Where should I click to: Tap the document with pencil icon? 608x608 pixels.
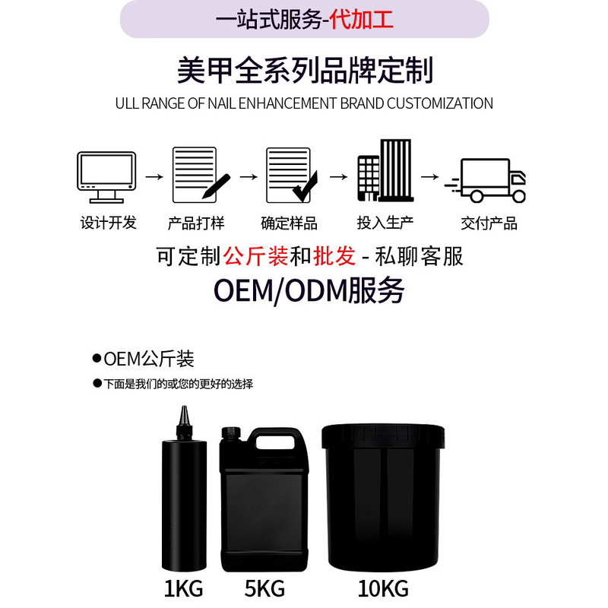coord(200,175)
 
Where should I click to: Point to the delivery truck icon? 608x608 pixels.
coord(486,181)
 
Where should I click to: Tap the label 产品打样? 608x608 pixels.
coord(196,223)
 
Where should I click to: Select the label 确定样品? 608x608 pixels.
coord(289,223)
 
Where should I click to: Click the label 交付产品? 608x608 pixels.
coord(489,223)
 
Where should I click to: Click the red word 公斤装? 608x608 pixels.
coord(255,257)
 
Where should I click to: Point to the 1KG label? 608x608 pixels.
coord(183,588)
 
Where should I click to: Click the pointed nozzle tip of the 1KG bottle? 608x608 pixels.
coord(182,414)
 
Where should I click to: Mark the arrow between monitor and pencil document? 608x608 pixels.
coord(154,176)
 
